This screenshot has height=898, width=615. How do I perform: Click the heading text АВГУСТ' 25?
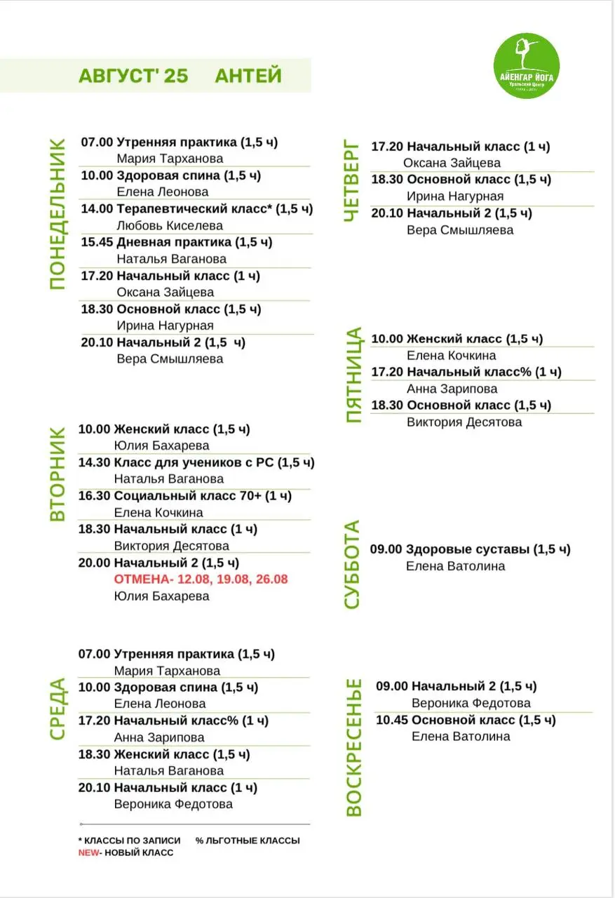click(x=133, y=76)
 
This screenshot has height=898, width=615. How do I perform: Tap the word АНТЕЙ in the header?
click(x=248, y=76)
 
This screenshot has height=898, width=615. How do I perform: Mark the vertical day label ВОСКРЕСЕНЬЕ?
click(x=354, y=747)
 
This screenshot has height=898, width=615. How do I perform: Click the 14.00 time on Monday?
click(x=97, y=209)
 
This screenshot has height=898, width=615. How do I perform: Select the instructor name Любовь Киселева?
click(x=170, y=225)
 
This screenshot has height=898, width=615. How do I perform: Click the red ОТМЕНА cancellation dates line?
click(x=201, y=579)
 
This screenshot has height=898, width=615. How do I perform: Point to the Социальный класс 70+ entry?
click(x=203, y=496)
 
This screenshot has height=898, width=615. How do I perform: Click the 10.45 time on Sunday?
click(x=392, y=721)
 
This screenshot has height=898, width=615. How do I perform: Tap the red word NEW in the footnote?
click(x=88, y=852)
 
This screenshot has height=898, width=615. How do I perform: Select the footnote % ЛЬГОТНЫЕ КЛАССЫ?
click(x=248, y=840)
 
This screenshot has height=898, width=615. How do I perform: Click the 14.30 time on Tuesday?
click(x=95, y=462)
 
